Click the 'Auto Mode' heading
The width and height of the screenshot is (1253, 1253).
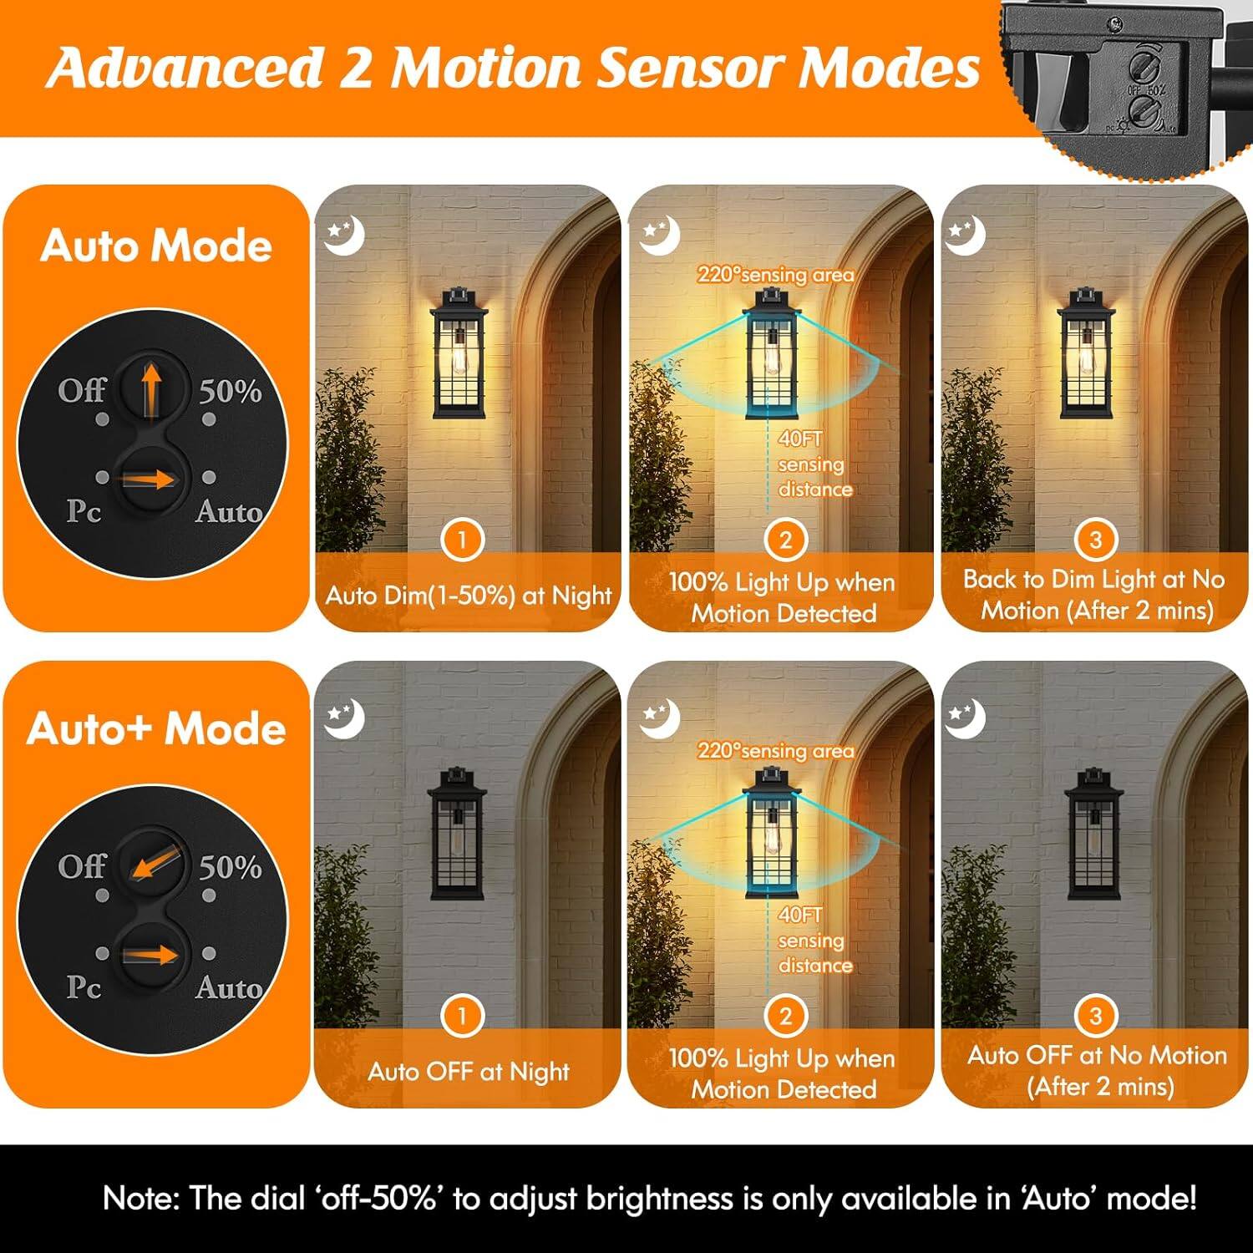click(x=156, y=246)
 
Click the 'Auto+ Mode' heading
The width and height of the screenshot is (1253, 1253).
click(x=156, y=728)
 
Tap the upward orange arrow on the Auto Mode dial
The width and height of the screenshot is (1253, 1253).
click(x=150, y=388)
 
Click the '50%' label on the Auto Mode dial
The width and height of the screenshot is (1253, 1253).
click(x=230, y=391)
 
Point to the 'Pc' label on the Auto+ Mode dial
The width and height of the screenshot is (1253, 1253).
click(x=84, y=987)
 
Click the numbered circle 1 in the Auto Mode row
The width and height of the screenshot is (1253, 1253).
click(x=462, y=540)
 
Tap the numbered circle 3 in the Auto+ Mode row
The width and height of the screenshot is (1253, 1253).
click(x=1095, y=1016)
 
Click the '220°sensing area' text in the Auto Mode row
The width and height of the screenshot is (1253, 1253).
click(x=775, y=275)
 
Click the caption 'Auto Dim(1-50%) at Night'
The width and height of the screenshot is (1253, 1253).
click(x=469, y=596)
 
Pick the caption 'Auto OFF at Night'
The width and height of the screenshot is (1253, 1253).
click(x=469, y=1072)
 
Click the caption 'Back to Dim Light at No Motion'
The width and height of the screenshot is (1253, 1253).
click(x=1095, y=595)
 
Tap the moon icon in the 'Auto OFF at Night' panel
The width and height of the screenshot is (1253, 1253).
click(x=344, y=718)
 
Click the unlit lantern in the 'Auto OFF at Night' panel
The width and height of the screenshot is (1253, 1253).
click(x=456, y=835)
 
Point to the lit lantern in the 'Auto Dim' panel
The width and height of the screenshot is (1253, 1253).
click(x=459, y=355)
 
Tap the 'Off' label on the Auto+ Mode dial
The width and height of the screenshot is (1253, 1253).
click(x=82, y=866)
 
